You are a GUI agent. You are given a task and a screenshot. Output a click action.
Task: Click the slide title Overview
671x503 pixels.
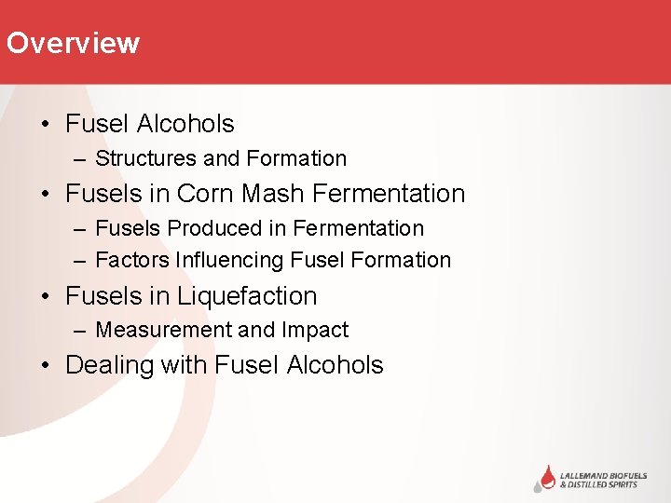73,44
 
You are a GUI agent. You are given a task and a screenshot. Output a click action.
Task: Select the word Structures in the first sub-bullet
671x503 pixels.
146,159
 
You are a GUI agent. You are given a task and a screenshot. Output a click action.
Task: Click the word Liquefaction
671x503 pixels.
247,296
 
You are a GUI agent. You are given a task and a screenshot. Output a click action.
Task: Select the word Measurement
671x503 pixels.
163,330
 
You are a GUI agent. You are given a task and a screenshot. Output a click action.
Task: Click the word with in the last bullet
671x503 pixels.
184,365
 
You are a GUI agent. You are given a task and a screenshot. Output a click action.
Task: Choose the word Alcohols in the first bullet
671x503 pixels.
185,124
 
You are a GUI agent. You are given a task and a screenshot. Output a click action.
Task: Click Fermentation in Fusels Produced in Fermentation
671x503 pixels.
358,228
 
